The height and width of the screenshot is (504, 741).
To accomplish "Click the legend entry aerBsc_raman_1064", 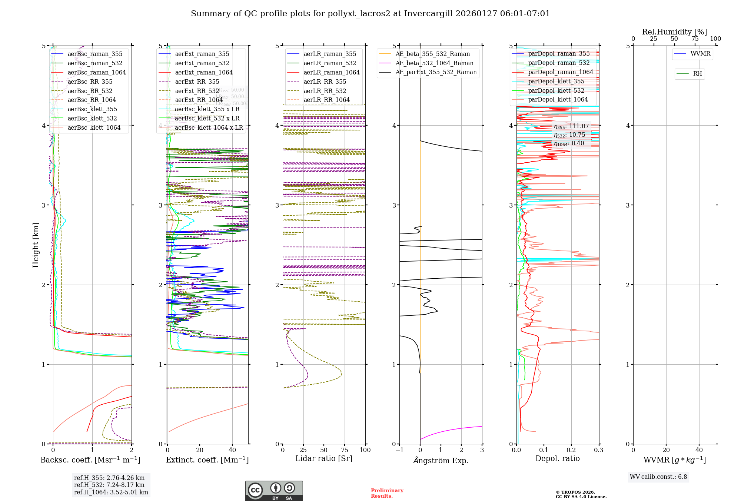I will [96, 73].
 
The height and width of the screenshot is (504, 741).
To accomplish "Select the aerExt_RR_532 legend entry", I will [197, 91].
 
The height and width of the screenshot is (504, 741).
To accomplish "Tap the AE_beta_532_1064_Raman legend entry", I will [434, 63].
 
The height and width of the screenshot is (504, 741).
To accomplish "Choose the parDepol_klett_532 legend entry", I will [556, 90].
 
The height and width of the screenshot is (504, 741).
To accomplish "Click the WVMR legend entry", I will [700, 54].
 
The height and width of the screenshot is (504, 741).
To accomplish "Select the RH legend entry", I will [697, 74].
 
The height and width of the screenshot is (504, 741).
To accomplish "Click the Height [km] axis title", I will [36, 245].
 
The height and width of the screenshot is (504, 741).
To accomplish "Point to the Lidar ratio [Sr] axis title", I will [323, 458].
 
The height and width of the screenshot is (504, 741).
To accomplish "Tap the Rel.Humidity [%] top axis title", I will [674, 32].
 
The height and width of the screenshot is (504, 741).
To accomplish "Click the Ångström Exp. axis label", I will [441, 460].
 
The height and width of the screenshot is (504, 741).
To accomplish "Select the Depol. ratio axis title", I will [557, 458].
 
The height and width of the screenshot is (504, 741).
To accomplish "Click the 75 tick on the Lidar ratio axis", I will [345, 450].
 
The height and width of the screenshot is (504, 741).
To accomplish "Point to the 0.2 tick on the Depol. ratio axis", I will [571, 450].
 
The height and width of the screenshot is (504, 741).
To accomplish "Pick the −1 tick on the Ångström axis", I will [399, 450].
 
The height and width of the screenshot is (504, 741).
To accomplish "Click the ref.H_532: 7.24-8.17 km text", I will [109, 485].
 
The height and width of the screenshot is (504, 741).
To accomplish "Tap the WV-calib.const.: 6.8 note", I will [658, 477].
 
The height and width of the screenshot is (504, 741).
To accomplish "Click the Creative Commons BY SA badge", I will [274, 491].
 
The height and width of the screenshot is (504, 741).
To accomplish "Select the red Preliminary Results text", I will [387, 493].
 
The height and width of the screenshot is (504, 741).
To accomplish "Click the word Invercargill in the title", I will [428, 14].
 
